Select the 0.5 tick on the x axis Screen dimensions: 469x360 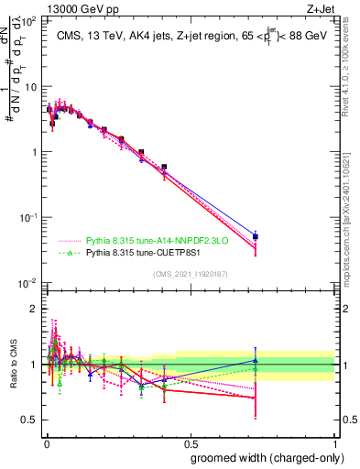click(x=191, y=443)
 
